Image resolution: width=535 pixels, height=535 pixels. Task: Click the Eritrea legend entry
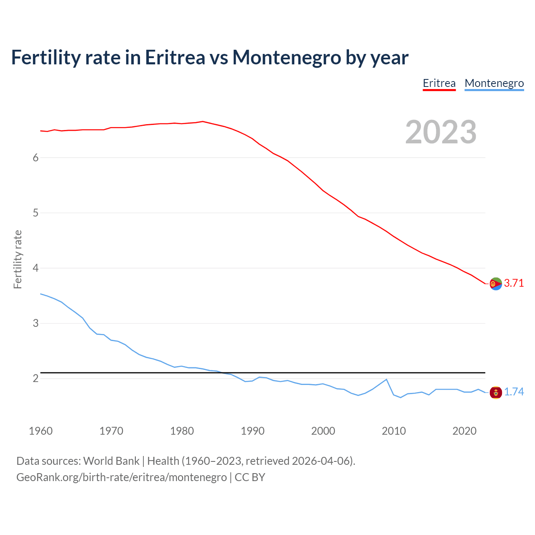(439, 83)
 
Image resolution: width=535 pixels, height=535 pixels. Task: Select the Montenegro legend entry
(494, 83)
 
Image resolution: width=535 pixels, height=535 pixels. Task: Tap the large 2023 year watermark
(441, 132)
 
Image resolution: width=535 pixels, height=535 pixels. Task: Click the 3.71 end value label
(514, 283)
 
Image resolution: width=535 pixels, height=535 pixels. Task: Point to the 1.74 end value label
(514, 392)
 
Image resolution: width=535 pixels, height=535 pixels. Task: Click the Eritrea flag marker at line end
(496, 284)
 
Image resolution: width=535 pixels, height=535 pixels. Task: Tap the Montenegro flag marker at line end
(496, 392)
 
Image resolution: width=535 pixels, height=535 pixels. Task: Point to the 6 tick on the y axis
(36, 158)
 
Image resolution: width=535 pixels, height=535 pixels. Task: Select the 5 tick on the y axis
(36, 213)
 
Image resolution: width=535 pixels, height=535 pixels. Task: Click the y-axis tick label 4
(36, 268)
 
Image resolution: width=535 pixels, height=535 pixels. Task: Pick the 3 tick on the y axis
(36, 323)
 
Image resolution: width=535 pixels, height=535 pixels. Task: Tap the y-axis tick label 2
(36, 378)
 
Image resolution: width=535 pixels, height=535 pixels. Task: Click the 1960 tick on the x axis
(41, 431)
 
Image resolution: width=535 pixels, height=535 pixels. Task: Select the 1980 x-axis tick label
(182, 431)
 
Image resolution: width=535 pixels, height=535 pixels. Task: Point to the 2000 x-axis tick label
(323, 431)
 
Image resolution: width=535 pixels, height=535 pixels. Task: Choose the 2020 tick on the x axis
(464, 431)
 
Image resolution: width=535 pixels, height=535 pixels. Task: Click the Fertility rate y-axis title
(18, 259)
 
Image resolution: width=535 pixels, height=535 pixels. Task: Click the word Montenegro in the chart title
(286, 58)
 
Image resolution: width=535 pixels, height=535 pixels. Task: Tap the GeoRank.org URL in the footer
(121, 477)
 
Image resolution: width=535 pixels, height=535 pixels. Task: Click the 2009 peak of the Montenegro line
(386, 380)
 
